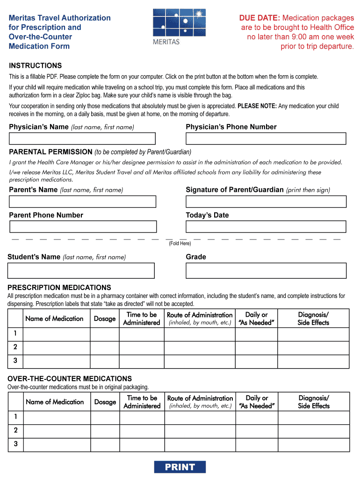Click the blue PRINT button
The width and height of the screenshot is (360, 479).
(x=180, y=467)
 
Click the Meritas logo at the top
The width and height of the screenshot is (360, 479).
(x=173, y=27)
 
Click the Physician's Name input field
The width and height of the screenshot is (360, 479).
(x=82, y=138)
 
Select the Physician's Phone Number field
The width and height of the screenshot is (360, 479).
(x=266, y=138)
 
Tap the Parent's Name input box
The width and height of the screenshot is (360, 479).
(x=83, y=202)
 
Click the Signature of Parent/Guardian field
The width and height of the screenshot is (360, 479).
(x=266, y=202)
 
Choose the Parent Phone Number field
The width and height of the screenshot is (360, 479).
(x=83, y=226)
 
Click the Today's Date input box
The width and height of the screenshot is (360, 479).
(x=266, y=226)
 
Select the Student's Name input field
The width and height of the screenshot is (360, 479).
(x=81, y=270)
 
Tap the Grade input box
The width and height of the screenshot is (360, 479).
(x=266, y=270)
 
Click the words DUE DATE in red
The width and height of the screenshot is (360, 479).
(x=259, y=18)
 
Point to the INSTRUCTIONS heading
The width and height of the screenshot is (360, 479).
(x=36, y=65)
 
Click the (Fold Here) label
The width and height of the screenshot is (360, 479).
(x=180, y=243)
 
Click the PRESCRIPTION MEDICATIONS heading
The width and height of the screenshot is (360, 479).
(x=59, y=288)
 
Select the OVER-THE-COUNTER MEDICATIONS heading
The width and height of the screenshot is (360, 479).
(x=70, y=378)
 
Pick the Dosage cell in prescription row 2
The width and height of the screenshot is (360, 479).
(x=105, y=348)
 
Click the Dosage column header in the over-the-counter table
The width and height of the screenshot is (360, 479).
(x=105, y=402)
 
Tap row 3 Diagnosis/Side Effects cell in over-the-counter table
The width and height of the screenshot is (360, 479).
(x=314, y=444)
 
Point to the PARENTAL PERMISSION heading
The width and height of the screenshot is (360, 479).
(x=51, y=152)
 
